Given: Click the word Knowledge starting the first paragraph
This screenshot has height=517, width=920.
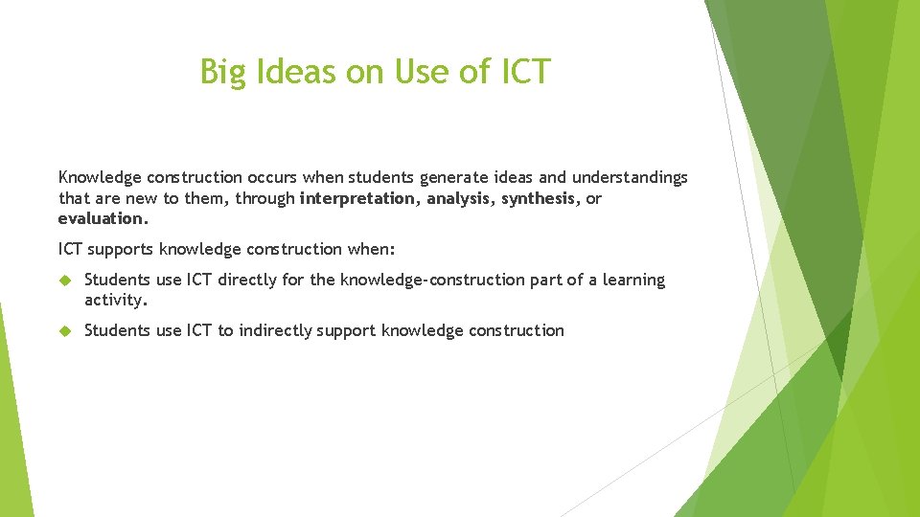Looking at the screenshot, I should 100,177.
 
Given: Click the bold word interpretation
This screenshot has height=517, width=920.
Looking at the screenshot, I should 358,198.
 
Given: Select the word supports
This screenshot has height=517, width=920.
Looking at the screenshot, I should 121,250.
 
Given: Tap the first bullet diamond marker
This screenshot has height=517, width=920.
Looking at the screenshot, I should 65,281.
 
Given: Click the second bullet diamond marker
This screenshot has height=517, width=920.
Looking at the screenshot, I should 65,331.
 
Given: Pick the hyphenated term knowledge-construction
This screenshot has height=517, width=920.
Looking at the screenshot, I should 449,280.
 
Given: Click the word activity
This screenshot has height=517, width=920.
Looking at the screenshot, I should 116,301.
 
